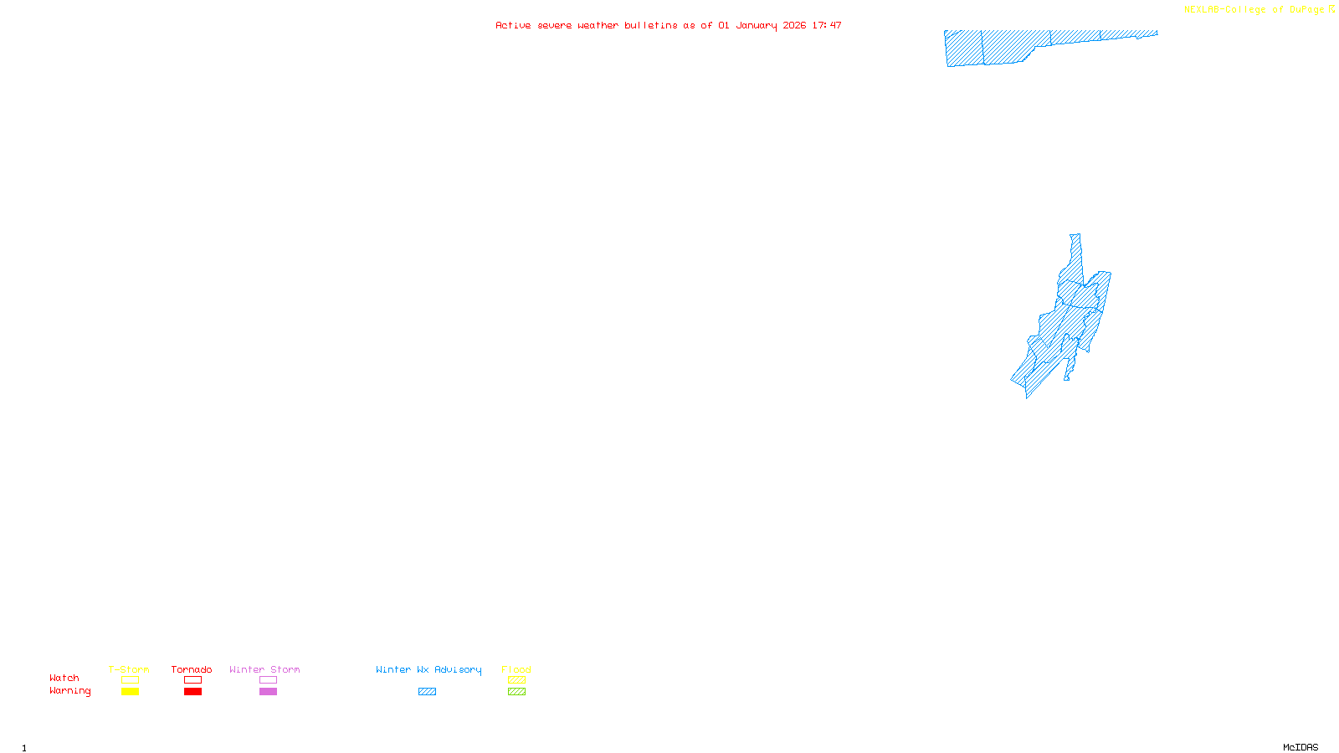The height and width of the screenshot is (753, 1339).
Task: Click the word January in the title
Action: click(x=756, y=25)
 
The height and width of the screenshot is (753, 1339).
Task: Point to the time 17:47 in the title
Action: click(x=826, y=25)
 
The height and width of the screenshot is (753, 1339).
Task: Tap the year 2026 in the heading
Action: click(x=794, y=25)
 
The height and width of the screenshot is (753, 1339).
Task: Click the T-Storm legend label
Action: click(x=129, y=669)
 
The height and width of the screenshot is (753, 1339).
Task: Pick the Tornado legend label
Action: click(x=192, y=669)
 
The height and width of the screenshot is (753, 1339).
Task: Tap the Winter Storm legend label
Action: click(x=264, y=669)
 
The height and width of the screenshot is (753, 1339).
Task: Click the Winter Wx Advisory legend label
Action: click(x=428, y=669)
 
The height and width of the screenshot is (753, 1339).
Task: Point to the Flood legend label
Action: click(x=516, y=669)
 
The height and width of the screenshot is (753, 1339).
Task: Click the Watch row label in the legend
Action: click(x=64, y=678)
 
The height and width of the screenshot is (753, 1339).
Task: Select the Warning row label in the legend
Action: click(x=69, y=691)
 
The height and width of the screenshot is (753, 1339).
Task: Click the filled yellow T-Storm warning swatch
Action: click(x=130, y=692)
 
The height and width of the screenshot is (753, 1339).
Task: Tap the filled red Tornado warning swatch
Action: click(x=192, y=692)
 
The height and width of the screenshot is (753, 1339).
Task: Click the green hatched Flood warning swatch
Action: click(x=516, y=692)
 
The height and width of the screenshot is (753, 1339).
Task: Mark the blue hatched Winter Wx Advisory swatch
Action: click(x=427, y=692)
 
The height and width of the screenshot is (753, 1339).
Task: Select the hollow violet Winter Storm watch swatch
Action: click(x=268, y=680)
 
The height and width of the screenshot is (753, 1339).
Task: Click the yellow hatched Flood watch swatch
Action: click(x=516, y=680)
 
